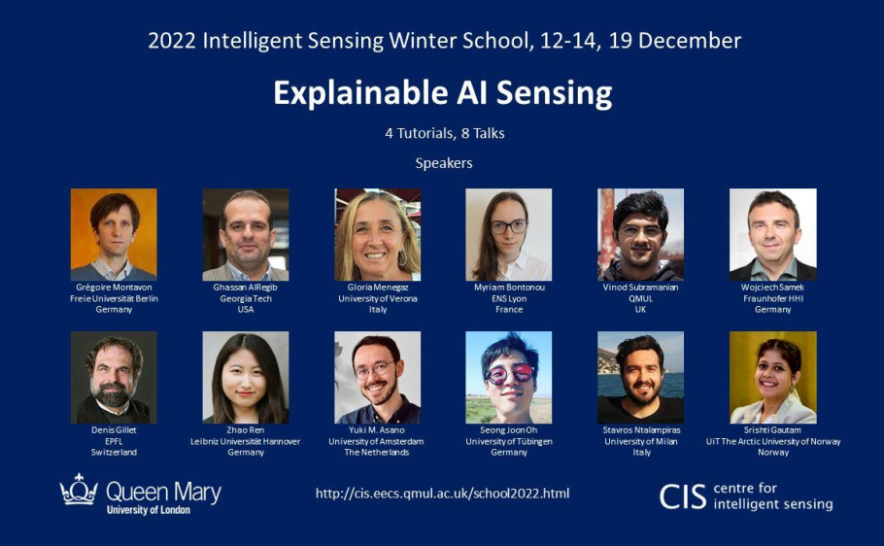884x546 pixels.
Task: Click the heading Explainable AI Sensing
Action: [x=443, y=93]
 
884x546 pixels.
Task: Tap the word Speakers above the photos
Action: [x=444, y=163]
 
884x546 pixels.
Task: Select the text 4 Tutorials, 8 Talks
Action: [x=445, y=134]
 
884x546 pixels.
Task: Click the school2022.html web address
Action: [x=443, y=494]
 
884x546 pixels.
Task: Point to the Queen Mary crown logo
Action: [x=79, y=489]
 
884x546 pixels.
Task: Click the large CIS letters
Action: [x=683, y=496]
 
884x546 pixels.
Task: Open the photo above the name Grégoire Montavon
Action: [x=114, y=235]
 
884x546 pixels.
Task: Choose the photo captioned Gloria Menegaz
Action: [x=377, y=235]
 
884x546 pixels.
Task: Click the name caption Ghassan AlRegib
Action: [x=245, y=288]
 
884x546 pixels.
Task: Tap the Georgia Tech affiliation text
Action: [x=246, y=298]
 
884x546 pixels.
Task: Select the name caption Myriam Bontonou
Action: [x=509, y=288]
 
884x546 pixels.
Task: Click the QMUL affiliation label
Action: [x=640, y=298]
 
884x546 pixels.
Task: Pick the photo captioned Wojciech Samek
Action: [x=773, y=235]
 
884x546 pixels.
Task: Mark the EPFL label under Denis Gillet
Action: [x=114, y=441]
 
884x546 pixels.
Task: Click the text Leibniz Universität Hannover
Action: [x=245, y=441]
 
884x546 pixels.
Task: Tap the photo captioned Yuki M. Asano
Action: [x=377, y=377]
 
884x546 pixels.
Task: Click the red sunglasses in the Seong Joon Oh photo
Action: [x=510, y=373]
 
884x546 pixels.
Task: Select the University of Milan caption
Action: [x=641, y=441]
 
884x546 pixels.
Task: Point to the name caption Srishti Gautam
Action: [x=772, y=429]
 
